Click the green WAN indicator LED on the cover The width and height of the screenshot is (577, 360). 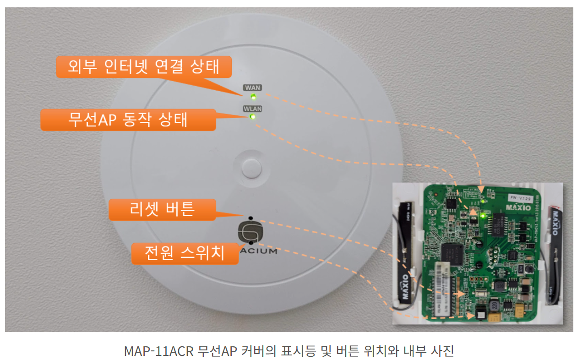pos(253,97)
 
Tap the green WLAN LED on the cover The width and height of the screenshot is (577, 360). pos(252,117)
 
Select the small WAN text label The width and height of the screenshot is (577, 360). pos(253,87)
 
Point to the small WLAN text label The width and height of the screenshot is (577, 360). pos(252,109)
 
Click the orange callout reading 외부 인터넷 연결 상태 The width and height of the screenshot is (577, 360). pos(143,67)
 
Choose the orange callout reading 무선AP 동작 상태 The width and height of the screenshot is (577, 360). pos(128,120)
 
